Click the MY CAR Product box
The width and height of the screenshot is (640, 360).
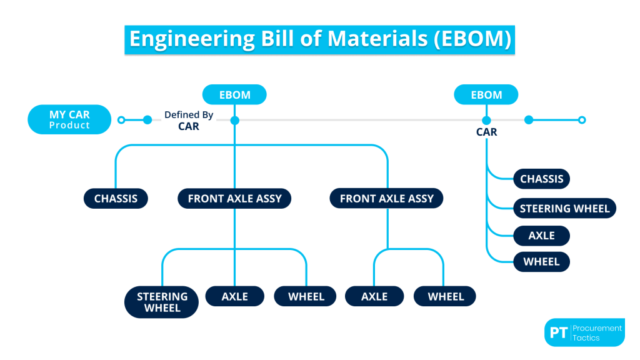(x=69, y=119)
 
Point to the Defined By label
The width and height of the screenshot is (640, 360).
(x=189, y=115)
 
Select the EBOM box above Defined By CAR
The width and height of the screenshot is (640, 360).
(x=234, y=95)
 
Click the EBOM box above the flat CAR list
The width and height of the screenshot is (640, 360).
(x=486, y=95)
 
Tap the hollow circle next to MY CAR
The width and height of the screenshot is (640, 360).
(x=121, y=120)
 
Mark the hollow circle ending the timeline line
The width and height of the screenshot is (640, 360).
(x=582, y=120)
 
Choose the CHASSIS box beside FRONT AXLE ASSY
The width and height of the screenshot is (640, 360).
(x=116, y=199)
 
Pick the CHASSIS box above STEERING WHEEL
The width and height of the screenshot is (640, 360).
(x=541, y=179)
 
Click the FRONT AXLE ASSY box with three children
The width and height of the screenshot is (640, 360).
(x=234, y=199)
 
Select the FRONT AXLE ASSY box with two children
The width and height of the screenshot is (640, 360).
(x=386, y=199)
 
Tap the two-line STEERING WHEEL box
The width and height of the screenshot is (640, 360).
(x=162, y=302)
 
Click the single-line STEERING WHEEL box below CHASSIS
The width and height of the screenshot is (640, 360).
(x=564, y=208)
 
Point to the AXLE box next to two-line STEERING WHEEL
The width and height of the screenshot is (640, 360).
(x=234, y=296)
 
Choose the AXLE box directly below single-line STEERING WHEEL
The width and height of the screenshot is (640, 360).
(x=541, y=236)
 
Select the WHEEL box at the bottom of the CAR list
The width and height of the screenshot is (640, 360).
(x=541, y=262)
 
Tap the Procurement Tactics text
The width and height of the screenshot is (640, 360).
(x=597, y=332)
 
